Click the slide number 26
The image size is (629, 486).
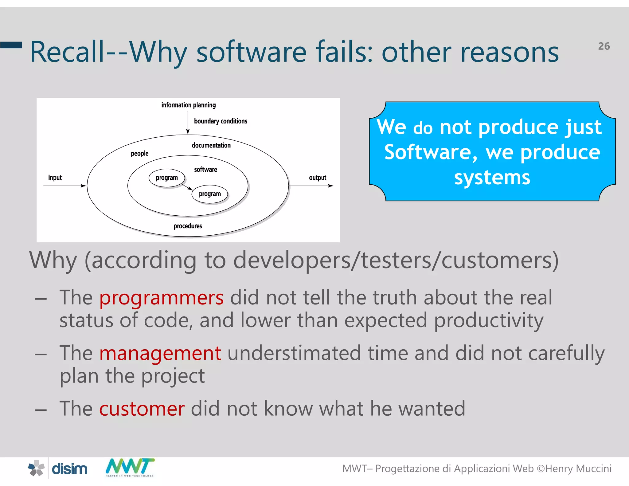[604, 46]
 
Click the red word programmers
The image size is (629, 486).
[161, 298]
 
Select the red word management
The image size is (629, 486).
[160, 353]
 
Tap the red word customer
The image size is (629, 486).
[142, 409]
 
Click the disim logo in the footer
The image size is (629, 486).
[58, 469]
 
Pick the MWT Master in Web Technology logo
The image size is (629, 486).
[130, 467]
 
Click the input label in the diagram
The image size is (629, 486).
[55, 178]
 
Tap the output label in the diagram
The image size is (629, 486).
[317, 178]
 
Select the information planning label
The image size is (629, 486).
[188, 105]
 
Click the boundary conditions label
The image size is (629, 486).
[220, 121]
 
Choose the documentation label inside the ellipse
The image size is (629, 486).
[211, 145]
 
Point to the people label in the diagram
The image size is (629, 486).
[139, 153]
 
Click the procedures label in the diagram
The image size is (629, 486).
[188, 226]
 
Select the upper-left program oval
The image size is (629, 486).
[167, 178]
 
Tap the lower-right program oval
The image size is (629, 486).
[210, 194]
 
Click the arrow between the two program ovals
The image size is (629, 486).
[187, 186]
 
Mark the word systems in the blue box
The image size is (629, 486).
[492, 178]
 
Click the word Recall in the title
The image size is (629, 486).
[68, 52]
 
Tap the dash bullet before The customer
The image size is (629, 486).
[41, 410]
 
